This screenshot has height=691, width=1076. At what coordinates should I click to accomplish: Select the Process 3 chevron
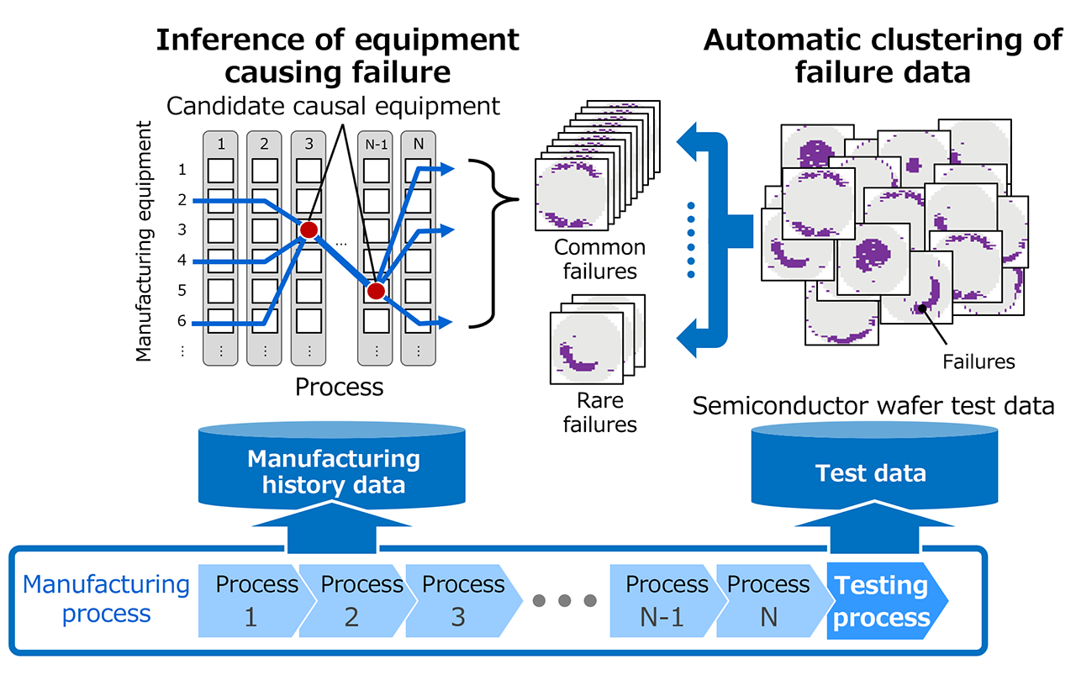pos(458,601)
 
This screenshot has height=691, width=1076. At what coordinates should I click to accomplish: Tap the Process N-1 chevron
pos(664,601)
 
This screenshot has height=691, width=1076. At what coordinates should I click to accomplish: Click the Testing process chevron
pos(883,601)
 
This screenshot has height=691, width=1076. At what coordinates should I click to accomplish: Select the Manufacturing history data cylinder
pos(333,471)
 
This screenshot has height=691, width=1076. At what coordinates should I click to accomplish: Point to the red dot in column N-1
pos(376,291)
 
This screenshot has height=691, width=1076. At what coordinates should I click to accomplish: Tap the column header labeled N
pos(419,144)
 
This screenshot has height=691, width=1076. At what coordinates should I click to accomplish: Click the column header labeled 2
pos(265,144)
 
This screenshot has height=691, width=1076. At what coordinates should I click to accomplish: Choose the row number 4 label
pos(182,261)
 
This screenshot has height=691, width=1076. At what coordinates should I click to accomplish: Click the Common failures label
pos(600,259)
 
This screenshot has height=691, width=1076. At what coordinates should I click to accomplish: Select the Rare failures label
pos(600,412)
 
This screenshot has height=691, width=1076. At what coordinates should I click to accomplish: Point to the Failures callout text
pos(978,362)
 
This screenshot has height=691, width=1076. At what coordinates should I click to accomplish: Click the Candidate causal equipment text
pos(333,106)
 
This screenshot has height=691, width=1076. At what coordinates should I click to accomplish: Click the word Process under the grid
pos(339,387)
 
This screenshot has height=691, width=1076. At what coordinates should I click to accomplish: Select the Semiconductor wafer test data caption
pos(873,406)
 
